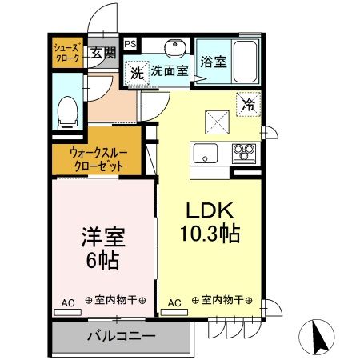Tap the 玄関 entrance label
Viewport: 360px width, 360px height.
[x=102, y=54]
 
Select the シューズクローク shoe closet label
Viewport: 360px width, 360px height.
[x=66, y=53]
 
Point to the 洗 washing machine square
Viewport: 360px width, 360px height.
[x=137, y=70]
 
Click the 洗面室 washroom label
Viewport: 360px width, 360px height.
[x=170, y=70]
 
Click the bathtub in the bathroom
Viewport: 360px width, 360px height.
[x=245, y=58]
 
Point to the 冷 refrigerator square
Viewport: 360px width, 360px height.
[x=248, y=103]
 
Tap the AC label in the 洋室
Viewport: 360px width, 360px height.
[x=68, y=302]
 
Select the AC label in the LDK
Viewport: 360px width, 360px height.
[x=174, y=302]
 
